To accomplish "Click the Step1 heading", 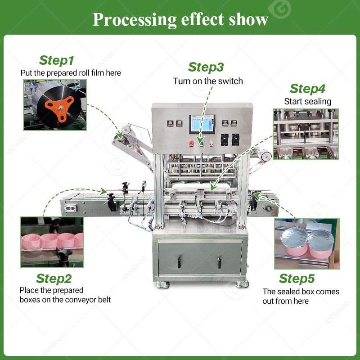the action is pyautogui.click(x=57, y=60).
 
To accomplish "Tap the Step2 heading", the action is pyautogui.click(x=54, y=279).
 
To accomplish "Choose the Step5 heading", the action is pyautogui.click(x=297, y=278).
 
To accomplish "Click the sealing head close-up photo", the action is pyautogui.click(x=306, y=134).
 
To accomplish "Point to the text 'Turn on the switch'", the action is pyautogui.click(x=208, y=81).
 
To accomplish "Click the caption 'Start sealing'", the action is pyautogui.click(x=307, y=102).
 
